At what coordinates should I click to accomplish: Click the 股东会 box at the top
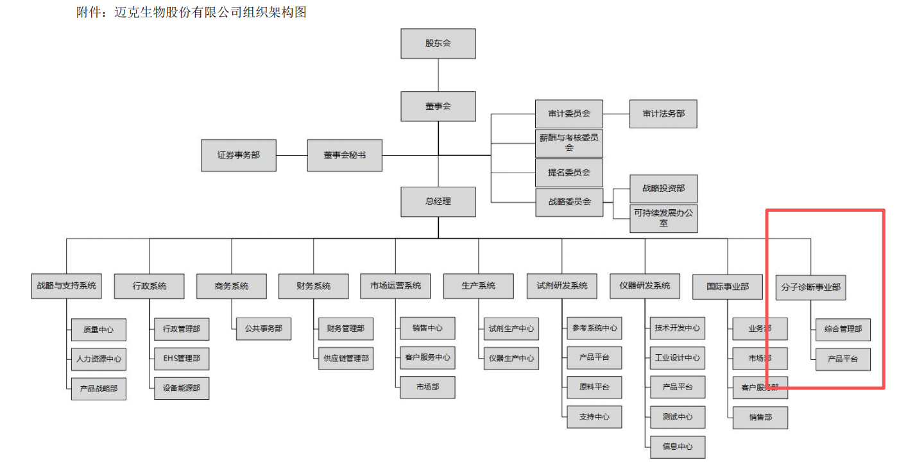click(438, 44)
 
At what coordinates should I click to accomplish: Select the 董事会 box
click(438, 106)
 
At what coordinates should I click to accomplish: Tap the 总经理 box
click(438, 201)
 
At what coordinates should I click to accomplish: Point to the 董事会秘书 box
click(345, 155)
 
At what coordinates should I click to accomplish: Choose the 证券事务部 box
click(239, 155)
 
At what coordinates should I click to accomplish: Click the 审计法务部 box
click(663, 114)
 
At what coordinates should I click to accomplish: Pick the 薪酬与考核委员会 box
click(569, 142)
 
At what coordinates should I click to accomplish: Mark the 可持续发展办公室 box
click(664, 219)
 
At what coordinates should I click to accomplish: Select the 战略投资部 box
click(664, 189)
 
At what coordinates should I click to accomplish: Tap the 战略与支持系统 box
click(67, 286)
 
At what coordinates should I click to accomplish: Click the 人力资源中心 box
click(98, 359)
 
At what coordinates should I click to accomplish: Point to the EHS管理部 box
click(181, 359)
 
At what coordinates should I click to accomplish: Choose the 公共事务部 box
click(263, 328)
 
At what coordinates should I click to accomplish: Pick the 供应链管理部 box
click(345, 359)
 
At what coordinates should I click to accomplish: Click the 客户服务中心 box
click(427, 357)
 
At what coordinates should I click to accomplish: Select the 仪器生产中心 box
click(511, 358)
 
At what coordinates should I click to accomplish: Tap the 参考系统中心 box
click(594, 328)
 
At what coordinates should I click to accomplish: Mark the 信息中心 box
click(678, 447)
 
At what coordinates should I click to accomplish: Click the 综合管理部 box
click(843, 329)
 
